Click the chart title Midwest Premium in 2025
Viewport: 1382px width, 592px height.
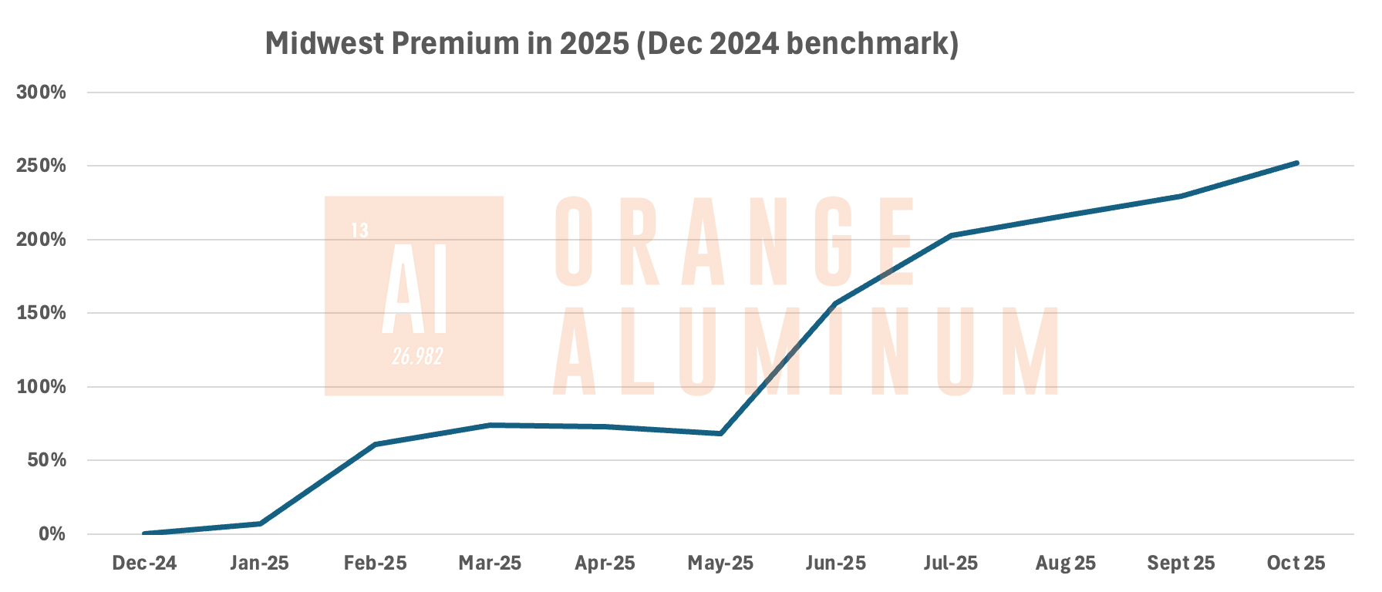pos(612,44)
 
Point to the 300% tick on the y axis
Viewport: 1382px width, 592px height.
pos(42,92)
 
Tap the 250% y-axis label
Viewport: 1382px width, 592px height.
pos(42,166)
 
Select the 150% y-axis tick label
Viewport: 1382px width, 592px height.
pos(42,314)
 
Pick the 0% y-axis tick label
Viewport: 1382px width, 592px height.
pos(52,534)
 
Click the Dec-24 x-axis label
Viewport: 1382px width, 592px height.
pos(144,563)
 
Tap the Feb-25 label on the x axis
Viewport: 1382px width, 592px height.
pos(375,563)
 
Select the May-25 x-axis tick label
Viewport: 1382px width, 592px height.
pos(720,563)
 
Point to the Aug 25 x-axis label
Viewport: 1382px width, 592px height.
pos(1065,563)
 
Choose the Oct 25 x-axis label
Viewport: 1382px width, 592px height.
pos(1296,563)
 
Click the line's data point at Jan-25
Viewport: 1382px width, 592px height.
pos(260,524)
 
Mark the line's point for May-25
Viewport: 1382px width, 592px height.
pos(720,434)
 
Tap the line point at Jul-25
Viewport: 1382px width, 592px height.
pos(951,235)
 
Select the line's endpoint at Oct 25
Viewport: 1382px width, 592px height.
pos(1296,163)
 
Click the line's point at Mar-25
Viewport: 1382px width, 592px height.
pos(490,425)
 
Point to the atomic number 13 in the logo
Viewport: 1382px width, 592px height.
pos(359,230)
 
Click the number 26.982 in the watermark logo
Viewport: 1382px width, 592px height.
pos(417,356)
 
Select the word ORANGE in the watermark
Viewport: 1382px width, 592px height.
pos(734,240)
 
